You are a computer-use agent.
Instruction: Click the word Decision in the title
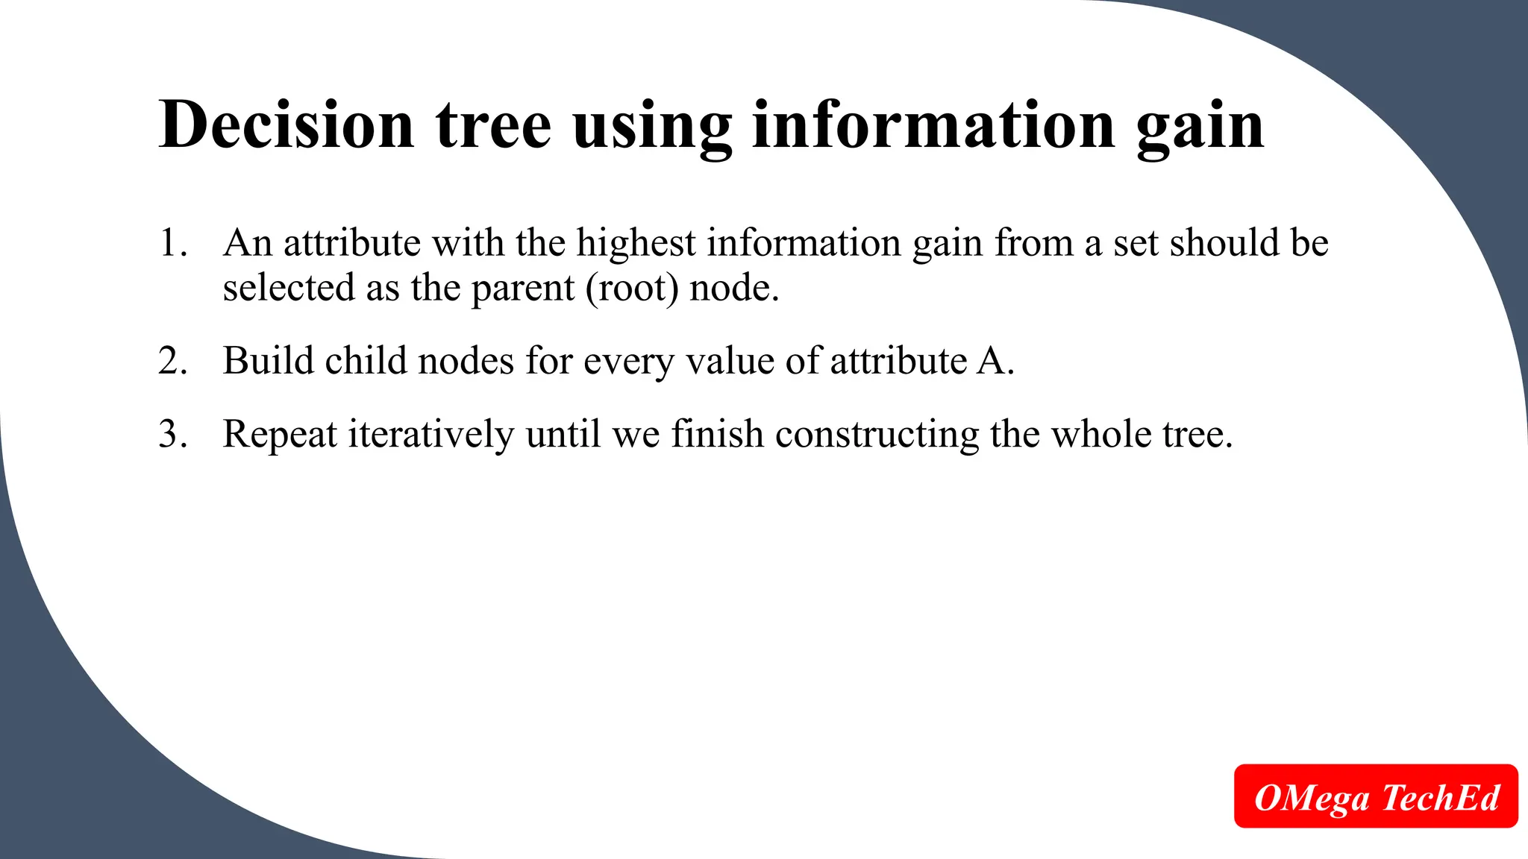(x=286, y=125)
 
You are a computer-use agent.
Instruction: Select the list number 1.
(x=172, y=243)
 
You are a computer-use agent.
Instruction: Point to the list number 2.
(x=172, y=361)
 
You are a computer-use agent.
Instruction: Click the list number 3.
(x=172, y=434)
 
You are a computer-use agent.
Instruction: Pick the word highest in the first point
(x=636, y=243)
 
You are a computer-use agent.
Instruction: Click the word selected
(x=288, y=288)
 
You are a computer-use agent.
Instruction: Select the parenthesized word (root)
(x=632, y=289)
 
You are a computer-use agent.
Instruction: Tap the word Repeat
(x=280, y=435)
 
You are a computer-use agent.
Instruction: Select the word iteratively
(x=431, y=435)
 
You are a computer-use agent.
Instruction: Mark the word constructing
(x=877, y=435)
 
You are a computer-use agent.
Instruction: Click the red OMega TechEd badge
(x=1376, y=796)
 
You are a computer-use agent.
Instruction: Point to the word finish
(x=717, y=434)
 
